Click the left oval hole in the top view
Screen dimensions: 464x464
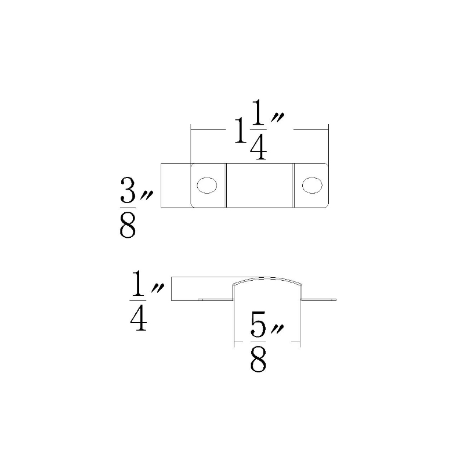point(207,185)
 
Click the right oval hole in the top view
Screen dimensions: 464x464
point(312,185)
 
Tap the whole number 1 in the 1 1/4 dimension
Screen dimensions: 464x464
point(241,130)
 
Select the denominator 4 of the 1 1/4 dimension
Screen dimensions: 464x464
point(259,147)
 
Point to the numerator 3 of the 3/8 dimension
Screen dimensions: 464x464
point(128,191)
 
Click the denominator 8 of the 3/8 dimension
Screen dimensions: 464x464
point(128,226)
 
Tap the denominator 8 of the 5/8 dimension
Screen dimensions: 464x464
point(258,360)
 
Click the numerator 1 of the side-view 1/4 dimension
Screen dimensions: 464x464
point(138,284)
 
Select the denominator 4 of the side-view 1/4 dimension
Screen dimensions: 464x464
point(139,318)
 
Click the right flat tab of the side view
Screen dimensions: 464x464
point(318,300)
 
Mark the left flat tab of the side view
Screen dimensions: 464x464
point(216,300)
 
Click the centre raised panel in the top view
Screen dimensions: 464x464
point(260,185)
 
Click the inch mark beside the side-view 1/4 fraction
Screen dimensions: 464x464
point(158,287)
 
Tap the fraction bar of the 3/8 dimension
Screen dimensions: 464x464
point(128,207)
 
